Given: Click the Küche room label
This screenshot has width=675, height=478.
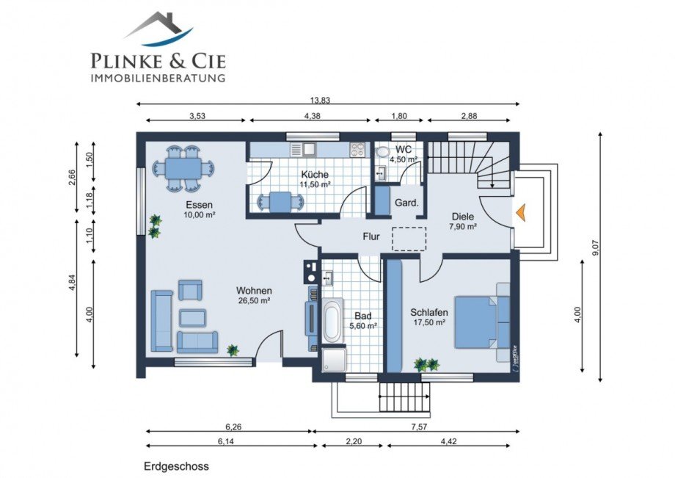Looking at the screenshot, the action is coord(315,175).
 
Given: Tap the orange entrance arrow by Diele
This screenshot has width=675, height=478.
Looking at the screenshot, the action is coord(519,212).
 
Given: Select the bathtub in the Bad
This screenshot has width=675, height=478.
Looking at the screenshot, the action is coord(333,321).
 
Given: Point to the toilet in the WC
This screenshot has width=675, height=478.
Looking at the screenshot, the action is coord(382,153).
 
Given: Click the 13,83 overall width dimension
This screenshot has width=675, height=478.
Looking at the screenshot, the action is coord(320,101).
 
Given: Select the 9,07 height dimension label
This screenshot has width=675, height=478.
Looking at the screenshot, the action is coord(596,247).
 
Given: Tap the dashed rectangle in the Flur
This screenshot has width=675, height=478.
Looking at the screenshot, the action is coord(409,239).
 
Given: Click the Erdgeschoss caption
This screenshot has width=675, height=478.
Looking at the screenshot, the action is coord(177,466).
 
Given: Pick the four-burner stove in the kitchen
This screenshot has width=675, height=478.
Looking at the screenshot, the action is coord(358,149).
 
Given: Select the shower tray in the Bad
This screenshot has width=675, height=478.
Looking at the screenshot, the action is coord(333,360).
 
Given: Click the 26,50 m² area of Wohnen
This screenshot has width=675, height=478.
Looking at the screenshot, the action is coord(254,300).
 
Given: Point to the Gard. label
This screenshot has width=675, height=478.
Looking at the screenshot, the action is coord(406,203).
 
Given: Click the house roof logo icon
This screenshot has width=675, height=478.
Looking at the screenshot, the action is coord(158,29).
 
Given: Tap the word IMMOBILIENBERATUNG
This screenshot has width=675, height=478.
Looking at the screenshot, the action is coord(158,78).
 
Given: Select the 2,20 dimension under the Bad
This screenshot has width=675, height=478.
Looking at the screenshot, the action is coord(354,441).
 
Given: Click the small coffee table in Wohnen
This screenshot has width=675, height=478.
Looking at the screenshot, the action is coord(192,318).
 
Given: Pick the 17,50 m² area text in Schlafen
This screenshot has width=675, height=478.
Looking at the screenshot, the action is coord(428,322).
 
